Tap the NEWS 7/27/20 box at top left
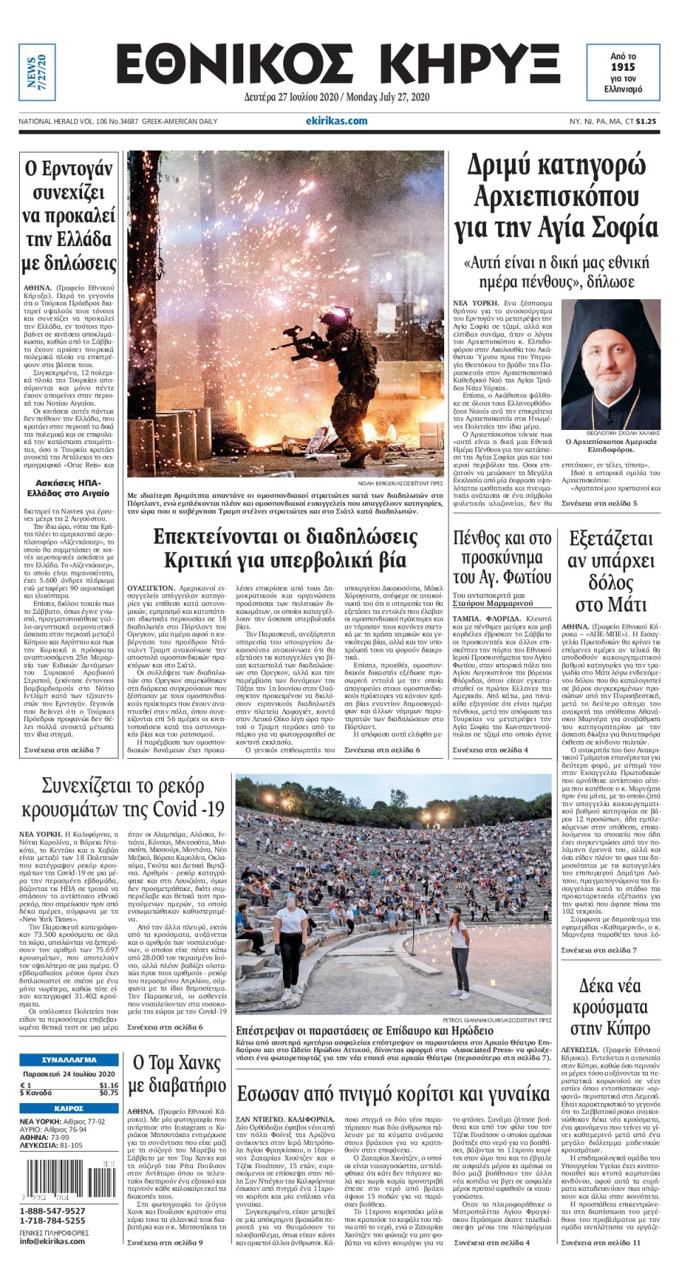(x=35, y=71)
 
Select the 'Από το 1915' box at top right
(x=622, y=72)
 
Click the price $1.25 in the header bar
(x=646, y=122)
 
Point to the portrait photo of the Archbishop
(x=610, y=363)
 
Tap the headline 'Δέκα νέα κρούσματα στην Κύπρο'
(x=610, y=1007)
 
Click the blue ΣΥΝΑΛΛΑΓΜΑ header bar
(x=69, y=1060)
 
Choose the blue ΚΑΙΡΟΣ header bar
(x=69, y=1108)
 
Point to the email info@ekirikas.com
(x=53, y=1241)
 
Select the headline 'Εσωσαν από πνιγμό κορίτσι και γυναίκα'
(x=393, y=1094)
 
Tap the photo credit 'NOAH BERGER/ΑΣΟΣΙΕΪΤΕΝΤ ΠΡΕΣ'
(x=400, y=483)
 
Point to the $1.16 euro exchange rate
(x=108, y=1085)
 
